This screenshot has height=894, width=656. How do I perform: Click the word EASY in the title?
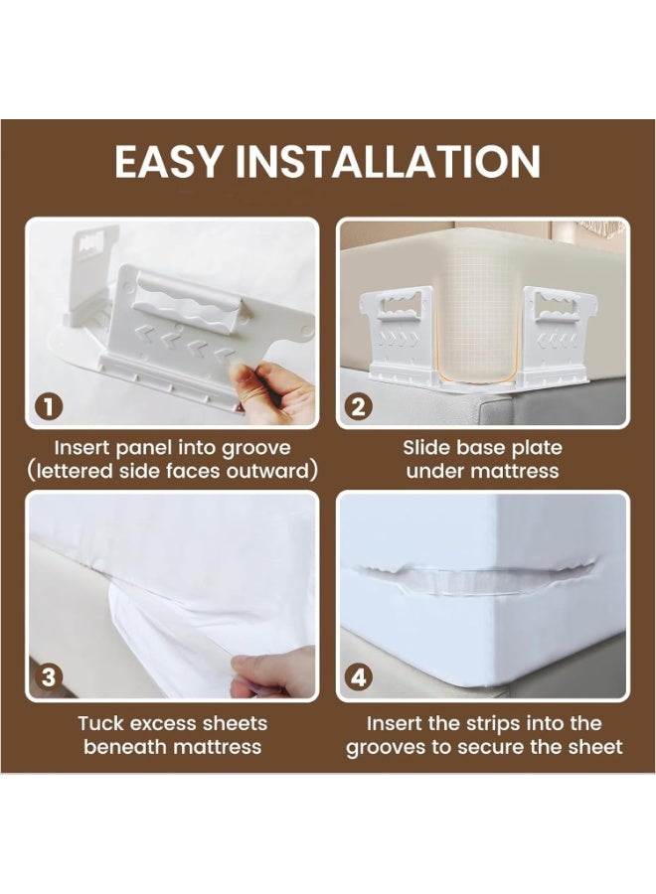click(168, 161)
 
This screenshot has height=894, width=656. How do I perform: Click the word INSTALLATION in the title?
click(388, 161)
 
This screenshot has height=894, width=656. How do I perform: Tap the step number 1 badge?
click(49, 406)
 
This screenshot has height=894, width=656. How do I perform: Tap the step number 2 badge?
click(359, 406)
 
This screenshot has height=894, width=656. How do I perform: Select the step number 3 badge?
click(49, 677)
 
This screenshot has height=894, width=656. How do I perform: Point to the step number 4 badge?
click(359, 677)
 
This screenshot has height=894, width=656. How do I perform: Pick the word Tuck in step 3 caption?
click(98, 723)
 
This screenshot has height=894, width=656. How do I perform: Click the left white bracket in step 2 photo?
click(400, 334)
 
